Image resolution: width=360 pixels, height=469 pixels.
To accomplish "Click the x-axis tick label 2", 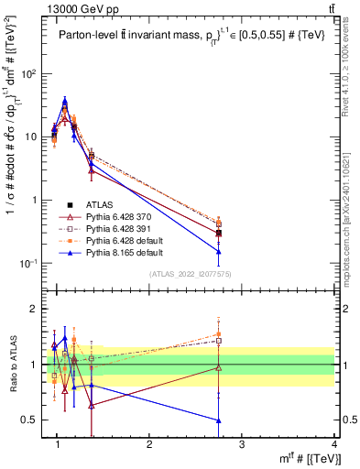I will pyautogui.click(x=149, y=446).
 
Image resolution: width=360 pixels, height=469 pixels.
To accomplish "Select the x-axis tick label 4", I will pyautogui.click(x=334, y=446).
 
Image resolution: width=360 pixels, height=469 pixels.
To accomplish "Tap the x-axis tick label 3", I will pyautogui.click(x=242, y=446).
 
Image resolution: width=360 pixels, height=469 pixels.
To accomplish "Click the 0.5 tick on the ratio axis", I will pyautogui.click(x=35, y=420).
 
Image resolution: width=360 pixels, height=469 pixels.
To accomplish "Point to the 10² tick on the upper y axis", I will pyautogui.click(x=33, y=73).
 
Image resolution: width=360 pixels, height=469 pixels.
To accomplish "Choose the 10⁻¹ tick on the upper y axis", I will pyautogui.click(x=33, y=264).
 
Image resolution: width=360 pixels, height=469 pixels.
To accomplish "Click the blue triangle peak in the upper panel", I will pyautogui.click(x=64, y=102).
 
